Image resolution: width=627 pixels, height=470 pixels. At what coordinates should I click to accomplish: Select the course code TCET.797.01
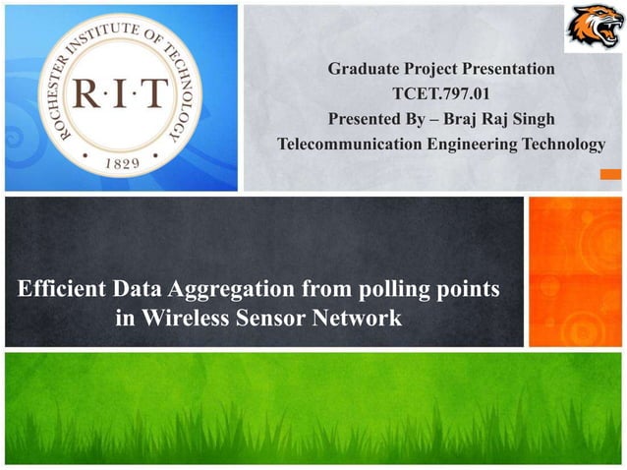441,95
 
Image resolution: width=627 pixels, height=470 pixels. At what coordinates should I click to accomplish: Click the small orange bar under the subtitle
610,175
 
